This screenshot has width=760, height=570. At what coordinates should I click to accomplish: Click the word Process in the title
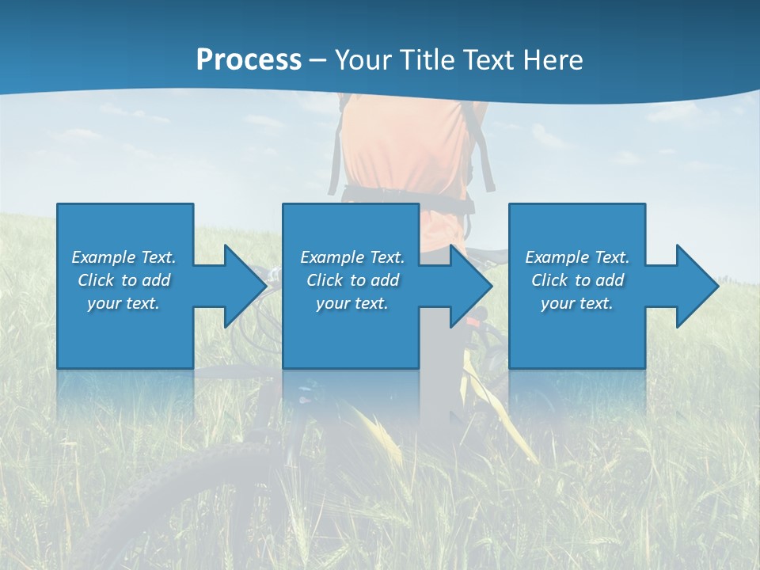point(249,60)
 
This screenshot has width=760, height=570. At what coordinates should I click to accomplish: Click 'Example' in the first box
point(104,257)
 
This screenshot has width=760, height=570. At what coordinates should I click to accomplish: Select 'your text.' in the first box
point(123,303)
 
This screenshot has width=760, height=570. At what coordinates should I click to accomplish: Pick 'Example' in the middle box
point(332,257)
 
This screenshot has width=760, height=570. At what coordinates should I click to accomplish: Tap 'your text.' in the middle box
point(351,303)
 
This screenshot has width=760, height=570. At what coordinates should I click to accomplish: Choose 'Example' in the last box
point(557,257)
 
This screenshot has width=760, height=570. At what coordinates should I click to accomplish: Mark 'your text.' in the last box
point(576,303)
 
